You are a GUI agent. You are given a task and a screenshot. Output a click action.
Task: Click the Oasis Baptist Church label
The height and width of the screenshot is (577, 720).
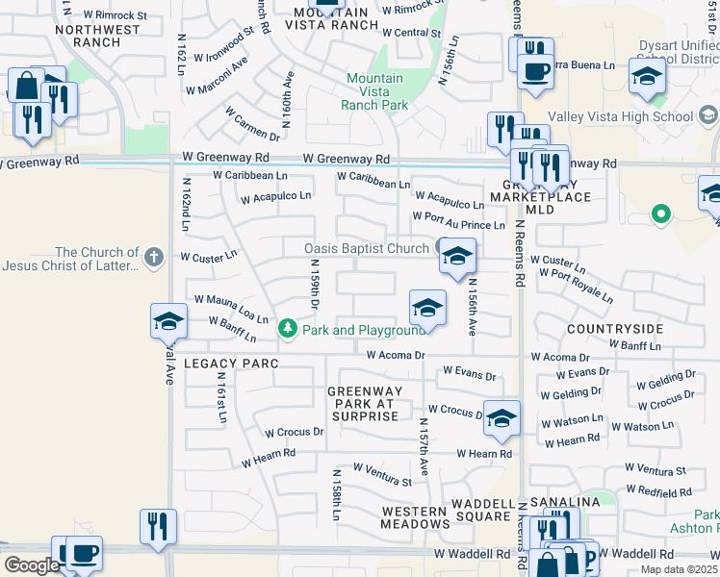coord(366,249)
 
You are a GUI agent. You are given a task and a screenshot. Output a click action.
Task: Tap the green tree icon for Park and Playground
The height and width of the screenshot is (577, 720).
coord(287,330)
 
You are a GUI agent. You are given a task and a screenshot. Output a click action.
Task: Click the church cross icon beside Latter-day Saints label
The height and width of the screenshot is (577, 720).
coord(153,257)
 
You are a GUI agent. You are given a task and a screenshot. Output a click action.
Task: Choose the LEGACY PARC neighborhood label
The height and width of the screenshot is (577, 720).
coord(230,364)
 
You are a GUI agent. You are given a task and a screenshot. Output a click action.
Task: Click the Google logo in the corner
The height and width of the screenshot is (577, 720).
coord(32,564)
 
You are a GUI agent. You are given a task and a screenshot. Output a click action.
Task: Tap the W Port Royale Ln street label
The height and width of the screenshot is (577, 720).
coord(576,287)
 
